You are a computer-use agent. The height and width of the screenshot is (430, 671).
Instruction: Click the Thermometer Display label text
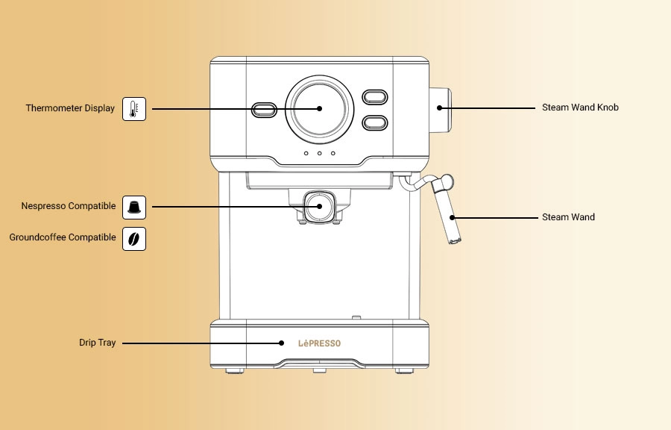click(x=70, y=108)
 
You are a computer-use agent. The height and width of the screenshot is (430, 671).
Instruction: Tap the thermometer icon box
click(x=134, y=109)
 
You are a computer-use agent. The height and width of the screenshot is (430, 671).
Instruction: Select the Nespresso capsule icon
click(x=134, y=206)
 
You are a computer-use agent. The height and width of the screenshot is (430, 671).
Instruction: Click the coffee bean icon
click(x=134, y=238)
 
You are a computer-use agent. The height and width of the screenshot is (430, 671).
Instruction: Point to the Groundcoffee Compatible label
click(x=63, y=237)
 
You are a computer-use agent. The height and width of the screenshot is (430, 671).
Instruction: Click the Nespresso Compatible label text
click(x=69, y=206)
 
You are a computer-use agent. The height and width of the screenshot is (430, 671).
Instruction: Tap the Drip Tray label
click(x=98, y=343)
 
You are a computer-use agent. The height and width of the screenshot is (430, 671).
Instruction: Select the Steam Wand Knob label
click(x=580, y=107)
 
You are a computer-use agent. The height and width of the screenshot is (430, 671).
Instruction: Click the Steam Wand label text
click(x=568, y=217)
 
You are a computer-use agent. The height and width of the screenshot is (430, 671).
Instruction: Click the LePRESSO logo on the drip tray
click(x=319, y=343)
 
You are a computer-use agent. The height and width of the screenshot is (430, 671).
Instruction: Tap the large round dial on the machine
click(x=320, y=107)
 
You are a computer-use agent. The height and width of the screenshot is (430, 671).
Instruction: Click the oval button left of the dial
click(x=264, y=110)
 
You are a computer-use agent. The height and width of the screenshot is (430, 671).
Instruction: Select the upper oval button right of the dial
click(x=374, y=96)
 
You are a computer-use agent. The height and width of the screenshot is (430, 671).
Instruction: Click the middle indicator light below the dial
click(x=320, y=154)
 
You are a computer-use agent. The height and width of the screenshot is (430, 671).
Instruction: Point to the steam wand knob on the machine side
click(x=440, y=109)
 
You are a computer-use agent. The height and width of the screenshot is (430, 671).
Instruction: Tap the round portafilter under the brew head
click(x=318, y=206)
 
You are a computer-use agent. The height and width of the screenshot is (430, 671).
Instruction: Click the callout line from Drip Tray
click(x=201, y=343)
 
